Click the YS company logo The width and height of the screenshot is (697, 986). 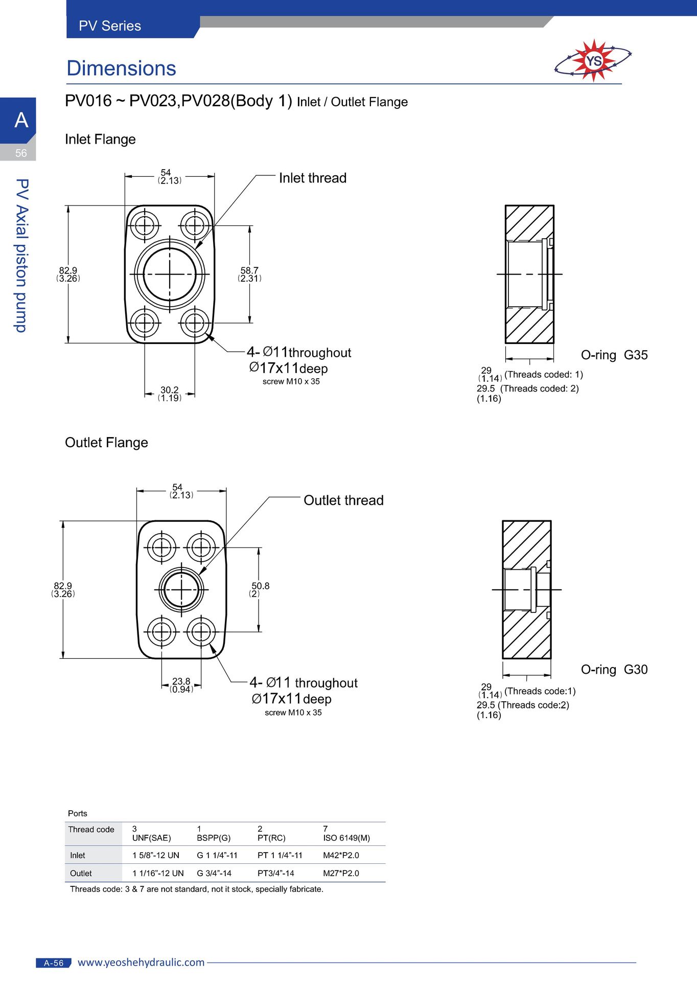point(593,61)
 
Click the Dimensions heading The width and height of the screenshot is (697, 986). point(121,68)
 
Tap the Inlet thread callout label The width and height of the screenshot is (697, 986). point(313,178)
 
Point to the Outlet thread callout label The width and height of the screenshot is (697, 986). point(343,500)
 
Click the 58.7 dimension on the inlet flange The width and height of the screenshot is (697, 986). point(249,274)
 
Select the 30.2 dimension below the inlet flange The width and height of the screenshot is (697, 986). point(170,394)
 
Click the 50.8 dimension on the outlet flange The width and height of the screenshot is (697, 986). point(260,589)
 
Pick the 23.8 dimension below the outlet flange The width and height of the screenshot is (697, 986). point(181,685)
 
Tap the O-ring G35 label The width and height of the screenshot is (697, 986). point(614,355)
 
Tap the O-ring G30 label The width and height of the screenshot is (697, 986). point(614,670)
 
